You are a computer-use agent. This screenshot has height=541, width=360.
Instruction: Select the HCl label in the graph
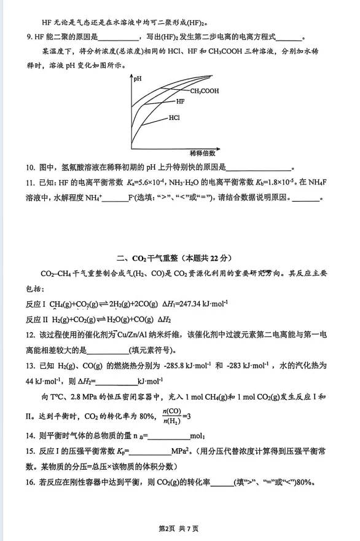click(x=174, y=117)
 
